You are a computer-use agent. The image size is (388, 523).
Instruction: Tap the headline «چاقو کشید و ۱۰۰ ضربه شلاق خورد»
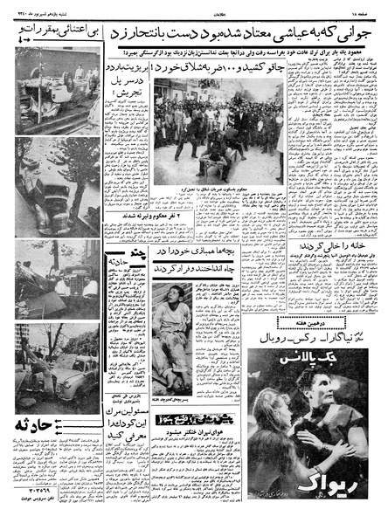click(211, 66)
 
